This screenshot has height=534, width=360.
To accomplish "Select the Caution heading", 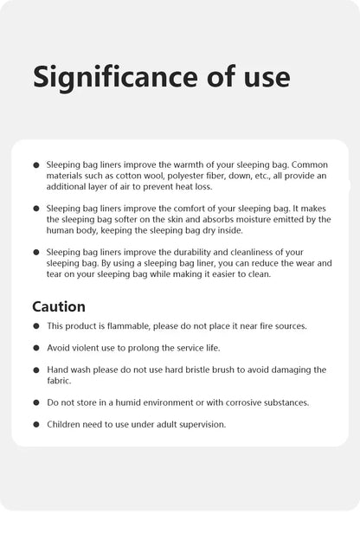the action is pos(59,306).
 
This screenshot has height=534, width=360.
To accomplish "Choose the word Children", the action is pos(66,424).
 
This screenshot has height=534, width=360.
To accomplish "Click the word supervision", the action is pos(198,424).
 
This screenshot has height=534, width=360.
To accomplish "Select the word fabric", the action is pos(60,380).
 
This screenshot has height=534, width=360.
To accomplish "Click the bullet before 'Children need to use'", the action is pos(36,425).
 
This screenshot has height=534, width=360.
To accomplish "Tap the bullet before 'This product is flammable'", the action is pos(36,327).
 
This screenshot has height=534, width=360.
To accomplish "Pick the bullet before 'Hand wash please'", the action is pos(36,370).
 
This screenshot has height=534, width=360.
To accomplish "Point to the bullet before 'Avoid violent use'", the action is pos(36,349).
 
